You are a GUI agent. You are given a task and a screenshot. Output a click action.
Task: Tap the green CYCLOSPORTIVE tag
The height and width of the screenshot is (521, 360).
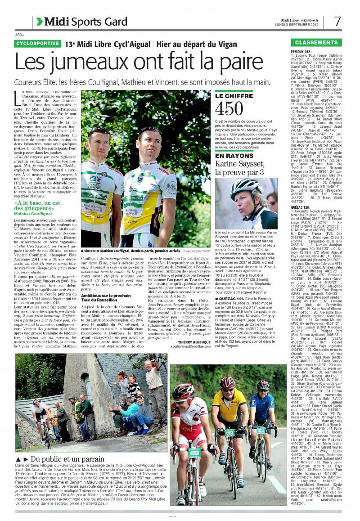coord(37,44)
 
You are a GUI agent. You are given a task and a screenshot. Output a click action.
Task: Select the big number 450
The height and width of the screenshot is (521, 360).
coord(229,109)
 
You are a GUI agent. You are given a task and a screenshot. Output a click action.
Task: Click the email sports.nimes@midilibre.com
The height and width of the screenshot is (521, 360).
coord(190,346)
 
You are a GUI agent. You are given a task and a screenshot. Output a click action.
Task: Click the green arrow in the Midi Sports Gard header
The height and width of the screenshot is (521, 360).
coord(40,21)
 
